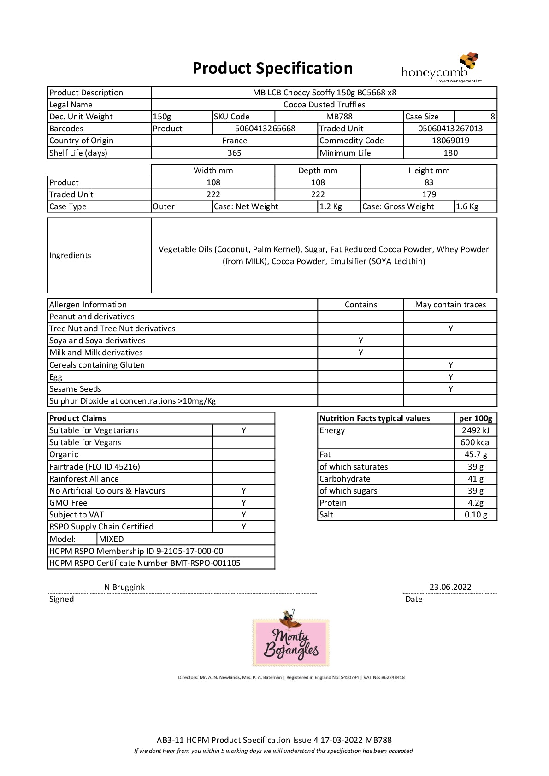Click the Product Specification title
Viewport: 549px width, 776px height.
tap(272, 68)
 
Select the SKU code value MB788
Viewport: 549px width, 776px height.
tap(339, 117)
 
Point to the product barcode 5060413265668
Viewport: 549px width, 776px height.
tap(265, 129)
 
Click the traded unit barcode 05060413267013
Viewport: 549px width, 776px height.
tap(450, 129)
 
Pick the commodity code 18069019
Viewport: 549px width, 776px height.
tap(450, 141)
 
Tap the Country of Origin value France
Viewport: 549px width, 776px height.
tap(235, 141)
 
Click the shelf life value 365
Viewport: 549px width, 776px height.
tap(234, 153)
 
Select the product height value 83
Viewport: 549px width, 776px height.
tap(429, 182)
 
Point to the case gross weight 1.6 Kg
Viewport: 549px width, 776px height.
tap(467, 206)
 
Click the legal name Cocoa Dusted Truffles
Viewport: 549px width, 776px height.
tap(324, 105)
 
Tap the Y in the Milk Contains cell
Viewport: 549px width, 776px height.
tap(360, 353)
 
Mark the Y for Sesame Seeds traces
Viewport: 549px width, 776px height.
tap(450, 389)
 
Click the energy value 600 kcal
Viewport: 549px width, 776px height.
tap(475, 442)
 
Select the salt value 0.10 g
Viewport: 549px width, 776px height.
tap(475, 515)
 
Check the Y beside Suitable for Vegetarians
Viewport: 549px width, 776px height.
tap(243, 430)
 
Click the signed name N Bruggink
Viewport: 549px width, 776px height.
tap(124, 587)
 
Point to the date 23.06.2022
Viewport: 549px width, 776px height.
tap(450, 587)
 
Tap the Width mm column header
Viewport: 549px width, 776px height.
tap(213, 170)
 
